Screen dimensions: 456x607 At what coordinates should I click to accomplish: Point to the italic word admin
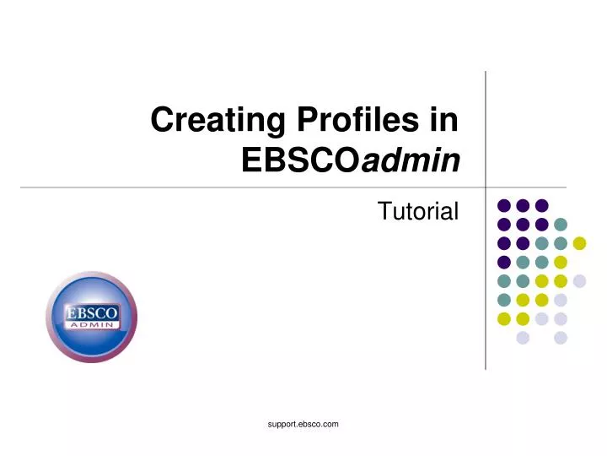tap(411, 160)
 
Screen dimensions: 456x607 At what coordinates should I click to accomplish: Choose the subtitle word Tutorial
tap(418, 211)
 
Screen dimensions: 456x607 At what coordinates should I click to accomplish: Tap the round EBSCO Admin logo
tap(91, 317)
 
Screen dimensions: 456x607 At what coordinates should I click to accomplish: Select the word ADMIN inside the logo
tap(92, 325)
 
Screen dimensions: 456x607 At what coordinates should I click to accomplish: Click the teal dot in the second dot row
tap(561, 225)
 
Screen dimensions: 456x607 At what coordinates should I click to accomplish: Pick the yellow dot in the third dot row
tap(579, 243)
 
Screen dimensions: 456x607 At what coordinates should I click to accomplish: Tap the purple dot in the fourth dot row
tap(504, 262)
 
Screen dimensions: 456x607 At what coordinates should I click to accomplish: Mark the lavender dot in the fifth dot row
tap(579, 281)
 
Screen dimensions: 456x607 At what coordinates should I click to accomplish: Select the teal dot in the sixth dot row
tap(504, 300)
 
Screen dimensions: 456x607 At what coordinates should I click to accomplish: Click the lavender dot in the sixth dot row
tap(561, 300)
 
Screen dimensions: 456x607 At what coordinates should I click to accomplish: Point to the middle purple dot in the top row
tap(523, 205)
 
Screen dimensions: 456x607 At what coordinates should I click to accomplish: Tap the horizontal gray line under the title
tap(253, 186)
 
